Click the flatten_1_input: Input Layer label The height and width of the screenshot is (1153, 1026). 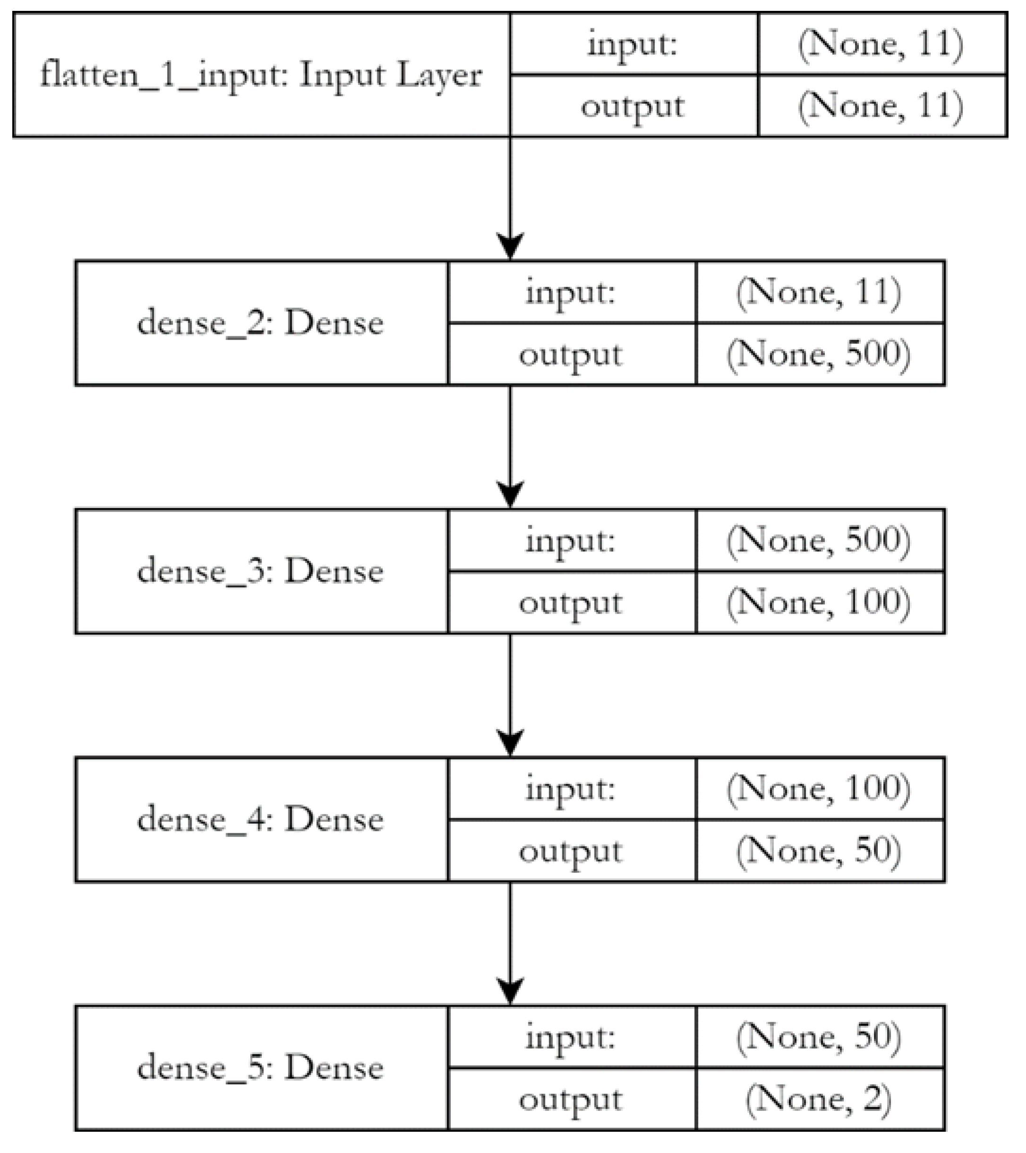261,75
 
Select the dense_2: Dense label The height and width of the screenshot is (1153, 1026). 261,323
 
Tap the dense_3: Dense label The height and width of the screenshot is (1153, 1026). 261,572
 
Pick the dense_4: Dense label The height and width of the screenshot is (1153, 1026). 261,820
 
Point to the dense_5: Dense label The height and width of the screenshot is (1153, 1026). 261,1068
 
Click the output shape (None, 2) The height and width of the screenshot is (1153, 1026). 819,1099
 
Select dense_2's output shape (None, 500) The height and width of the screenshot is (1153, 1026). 819,354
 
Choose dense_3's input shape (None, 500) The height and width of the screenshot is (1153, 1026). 819,540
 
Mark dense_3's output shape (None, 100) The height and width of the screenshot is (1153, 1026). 819,602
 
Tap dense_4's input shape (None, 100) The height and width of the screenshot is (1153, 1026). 819,789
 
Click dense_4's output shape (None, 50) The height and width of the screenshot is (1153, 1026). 819,851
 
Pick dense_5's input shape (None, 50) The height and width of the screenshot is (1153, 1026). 819,1037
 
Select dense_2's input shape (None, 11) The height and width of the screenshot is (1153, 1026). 819,292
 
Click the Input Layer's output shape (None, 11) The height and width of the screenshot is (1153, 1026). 881,106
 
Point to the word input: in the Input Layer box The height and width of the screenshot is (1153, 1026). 633,44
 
